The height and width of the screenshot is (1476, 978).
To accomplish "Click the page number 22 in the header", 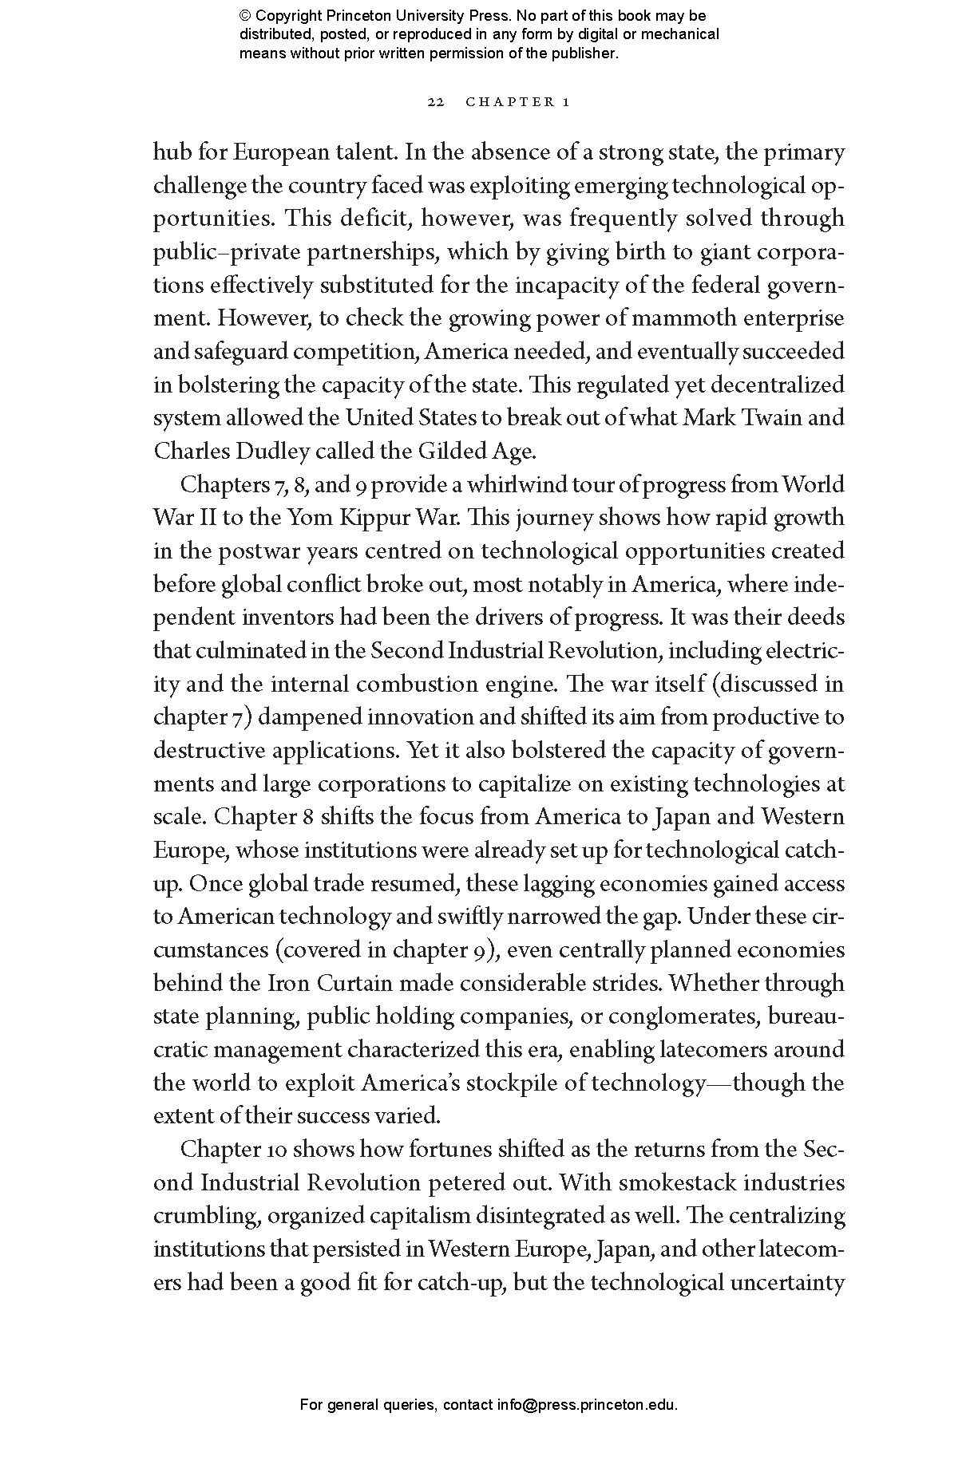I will pos(435,102).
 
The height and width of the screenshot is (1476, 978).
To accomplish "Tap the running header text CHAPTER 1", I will pos(517,102).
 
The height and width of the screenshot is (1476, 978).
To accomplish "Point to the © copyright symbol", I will pos(244,16).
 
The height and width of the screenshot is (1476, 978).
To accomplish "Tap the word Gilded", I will pos(449,452).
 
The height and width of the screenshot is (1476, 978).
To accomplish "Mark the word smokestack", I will pos(679,1182).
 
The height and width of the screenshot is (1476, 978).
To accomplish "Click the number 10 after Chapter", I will pos(274,1150).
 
